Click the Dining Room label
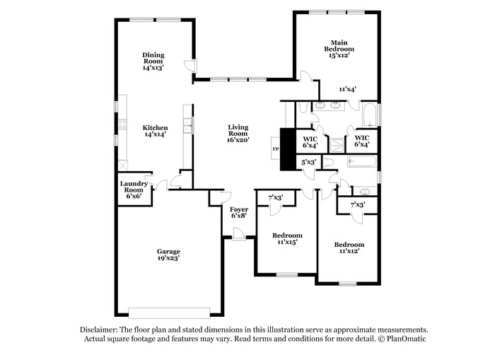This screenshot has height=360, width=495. click(153, 62)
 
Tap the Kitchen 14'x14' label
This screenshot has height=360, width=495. click(156, 131)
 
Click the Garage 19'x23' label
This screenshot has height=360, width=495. click(168, 255)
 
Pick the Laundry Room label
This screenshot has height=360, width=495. click(134, 190)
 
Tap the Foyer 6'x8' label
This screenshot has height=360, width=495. click(238, 214)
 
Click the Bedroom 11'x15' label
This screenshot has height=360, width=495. click(288, 238)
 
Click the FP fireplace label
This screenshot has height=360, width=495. click(276, 149)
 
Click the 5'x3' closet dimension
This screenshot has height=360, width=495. click(308, 162)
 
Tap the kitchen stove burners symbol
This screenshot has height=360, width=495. click(122, 125)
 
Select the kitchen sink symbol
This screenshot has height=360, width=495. click(187, 127)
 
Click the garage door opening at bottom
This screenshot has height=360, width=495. click(169, 313)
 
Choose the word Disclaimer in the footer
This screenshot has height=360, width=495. click(98, 330)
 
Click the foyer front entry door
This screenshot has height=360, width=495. click(238, 238)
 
